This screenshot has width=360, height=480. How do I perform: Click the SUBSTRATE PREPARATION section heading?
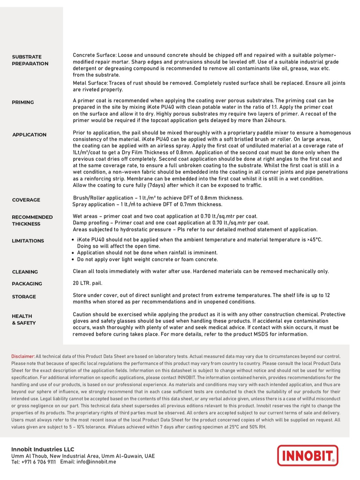tap(30, 60)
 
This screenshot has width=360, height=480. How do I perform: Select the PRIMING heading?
tap(23, 102)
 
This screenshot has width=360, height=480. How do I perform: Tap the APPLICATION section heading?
tap(29, 135)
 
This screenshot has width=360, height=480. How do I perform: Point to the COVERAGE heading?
tap(26, 200)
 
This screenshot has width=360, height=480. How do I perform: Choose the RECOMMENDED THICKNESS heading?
tap(32, 220)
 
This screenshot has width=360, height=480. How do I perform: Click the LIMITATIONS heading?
tap(28, 241)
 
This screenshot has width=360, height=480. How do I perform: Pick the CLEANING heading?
tap(25, 272)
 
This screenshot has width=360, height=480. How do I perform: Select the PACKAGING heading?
tap(27, 283)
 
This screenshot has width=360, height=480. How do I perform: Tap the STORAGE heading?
tap(24, 297)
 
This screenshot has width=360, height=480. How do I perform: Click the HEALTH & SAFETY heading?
tap(24, 319)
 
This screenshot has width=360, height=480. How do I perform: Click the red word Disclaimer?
tap(23, 356)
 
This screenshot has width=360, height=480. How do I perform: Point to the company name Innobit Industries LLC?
tap(43, 449)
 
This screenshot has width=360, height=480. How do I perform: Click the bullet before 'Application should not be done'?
tap(73, 253)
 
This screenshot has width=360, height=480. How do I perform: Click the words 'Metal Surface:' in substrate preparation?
tap(90, 83)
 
